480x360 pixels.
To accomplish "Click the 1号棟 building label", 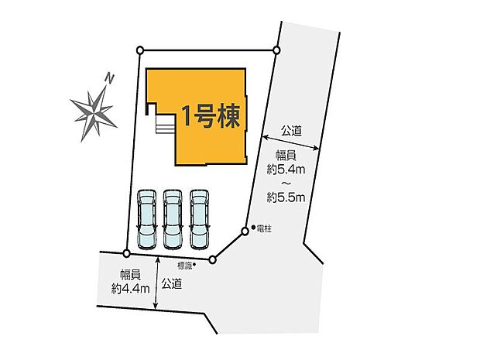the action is pyautogui.click(x=211, y=116).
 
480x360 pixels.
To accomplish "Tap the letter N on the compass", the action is pyautogui.click(x=110, y=78).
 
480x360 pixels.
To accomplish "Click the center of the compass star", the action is pyautogui.click(x=94, y=110).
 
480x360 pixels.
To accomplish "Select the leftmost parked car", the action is pyautogui.click(x=146, y=218).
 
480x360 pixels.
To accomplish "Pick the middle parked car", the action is pyautogui.click(x=173, y=218).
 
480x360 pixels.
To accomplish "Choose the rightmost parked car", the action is pyautogui.click(x=200, y=218).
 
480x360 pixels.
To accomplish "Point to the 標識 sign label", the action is pyautogui.click(x=183, y=265).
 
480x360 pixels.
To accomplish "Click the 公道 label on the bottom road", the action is pyautogui.click(x=173, y=284).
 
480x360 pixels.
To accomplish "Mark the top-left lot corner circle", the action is pyautogui.click(x=139, y=50).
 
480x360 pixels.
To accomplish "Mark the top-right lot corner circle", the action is pyautogui.click(x=276, y=50).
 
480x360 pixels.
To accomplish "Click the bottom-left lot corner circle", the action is pyautogui.click(x=126, y=253).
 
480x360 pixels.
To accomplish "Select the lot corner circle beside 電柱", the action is pyautogui.click(x=245, y=230).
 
